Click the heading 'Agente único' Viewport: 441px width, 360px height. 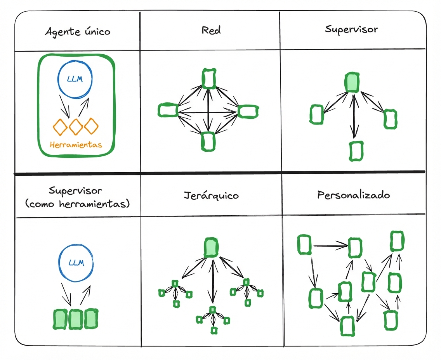tap(78, 31)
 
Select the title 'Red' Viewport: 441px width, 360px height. tap(211, 30)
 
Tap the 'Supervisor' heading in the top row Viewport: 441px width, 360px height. tap(351, 29)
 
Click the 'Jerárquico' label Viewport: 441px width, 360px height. tap(211, 195)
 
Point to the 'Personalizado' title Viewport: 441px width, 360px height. tap(353, 195)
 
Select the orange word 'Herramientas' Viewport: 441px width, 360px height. tap(76, 145)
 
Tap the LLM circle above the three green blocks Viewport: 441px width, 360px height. tap(76, 263)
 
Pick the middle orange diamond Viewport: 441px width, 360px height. tap(76, 126)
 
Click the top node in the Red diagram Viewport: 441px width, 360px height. tap(209, 78)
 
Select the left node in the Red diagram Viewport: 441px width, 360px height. tap(168, 110)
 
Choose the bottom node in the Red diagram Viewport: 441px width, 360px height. tap(208, 141)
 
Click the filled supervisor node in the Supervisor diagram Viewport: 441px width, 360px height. tap(352, 83)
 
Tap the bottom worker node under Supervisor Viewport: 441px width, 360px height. tap(355, 151)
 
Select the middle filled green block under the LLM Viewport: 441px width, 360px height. tap(75, 319)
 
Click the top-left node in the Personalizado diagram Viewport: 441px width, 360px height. tap(305, 244)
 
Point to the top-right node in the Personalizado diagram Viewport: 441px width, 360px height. tap(396, 241)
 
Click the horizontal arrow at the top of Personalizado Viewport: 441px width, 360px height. tap(330, 245)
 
